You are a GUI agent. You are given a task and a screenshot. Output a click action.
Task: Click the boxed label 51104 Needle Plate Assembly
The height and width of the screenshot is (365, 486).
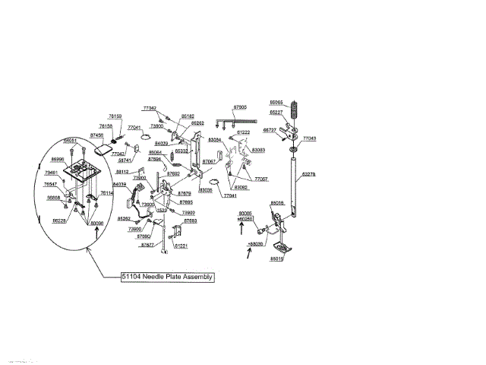click(x=168, y=278)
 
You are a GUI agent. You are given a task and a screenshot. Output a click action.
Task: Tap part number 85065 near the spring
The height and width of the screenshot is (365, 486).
click(x=276, y=102)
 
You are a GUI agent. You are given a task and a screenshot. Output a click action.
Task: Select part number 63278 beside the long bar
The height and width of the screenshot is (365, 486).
click(x=309, y=175)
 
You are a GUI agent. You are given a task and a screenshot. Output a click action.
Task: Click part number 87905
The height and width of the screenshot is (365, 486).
click(x=240, y=107)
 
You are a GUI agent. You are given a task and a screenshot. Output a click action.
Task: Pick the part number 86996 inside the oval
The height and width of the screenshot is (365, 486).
click(x=58, y=160)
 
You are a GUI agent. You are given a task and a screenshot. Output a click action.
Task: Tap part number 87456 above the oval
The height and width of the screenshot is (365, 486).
click(x=97, y=135)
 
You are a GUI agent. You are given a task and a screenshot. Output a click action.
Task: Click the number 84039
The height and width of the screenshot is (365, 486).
click(x=119, y=185)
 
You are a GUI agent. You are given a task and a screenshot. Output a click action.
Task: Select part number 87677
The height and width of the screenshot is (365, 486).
click(x=147, y=246)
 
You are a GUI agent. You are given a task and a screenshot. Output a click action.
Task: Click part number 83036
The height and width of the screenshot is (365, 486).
click(x=205, y=190)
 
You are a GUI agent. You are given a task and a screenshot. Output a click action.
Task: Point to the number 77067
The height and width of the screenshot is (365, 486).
click(x=260, y=179)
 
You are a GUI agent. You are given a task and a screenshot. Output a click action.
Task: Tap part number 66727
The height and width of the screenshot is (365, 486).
click(x=270, y=130)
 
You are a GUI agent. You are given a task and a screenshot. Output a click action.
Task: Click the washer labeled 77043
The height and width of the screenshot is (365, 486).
click(x=293, y=151)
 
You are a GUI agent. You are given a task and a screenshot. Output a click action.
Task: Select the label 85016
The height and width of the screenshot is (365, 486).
click(x=277, y=204)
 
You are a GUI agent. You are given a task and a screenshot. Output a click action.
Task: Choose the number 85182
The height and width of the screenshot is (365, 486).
click(x=188, y=116)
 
